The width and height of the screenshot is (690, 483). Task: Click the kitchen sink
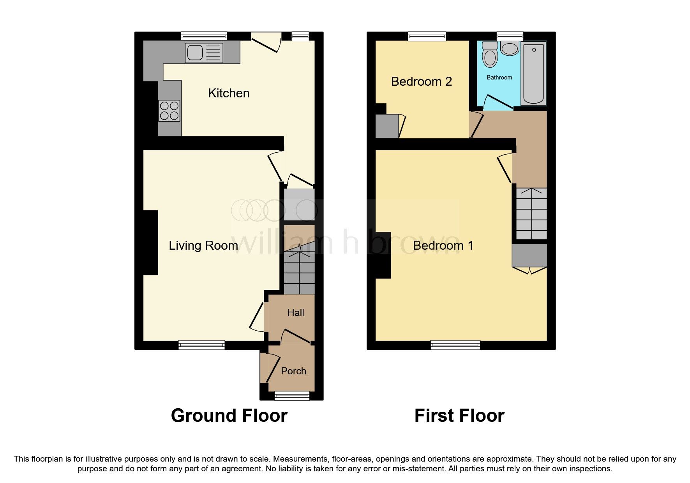(x=204, y=53)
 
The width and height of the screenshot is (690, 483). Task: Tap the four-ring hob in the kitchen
(x=169, y=111)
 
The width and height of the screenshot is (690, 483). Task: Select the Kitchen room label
(x=229, y=93)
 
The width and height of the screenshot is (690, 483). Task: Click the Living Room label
(x=203, y=245)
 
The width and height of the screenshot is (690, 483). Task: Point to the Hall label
(x=296, y=312)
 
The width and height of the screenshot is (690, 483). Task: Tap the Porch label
(x=293, y=371)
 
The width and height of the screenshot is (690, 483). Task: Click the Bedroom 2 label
(x=421, y=81)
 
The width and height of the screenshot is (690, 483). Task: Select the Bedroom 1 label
(x=443, y=245)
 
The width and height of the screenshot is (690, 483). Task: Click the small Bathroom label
(x=499, y=78)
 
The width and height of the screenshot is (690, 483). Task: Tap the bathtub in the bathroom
(x=533, y=73)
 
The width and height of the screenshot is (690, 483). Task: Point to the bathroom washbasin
(x=509, y=49)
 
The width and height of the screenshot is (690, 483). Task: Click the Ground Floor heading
(x=229, y=416)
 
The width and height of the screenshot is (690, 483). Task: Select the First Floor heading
(x=459, y=416)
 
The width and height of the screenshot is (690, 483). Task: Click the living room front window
(x=201, y=345)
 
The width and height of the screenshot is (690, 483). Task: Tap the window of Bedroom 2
(x=427, y=36)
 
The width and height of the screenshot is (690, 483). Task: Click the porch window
(x=292, y=396)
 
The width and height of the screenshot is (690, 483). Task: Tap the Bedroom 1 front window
(x=455, y=345)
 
